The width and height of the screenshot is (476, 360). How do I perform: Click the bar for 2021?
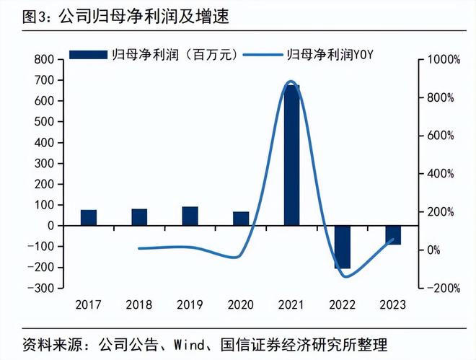tap(291, 155)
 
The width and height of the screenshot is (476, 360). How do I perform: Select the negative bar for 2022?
tap(343, 247)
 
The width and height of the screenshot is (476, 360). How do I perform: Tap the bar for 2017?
tap(89, 217)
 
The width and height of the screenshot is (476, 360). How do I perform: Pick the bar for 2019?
tap(190, 216)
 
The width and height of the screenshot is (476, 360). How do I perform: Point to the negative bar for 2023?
tap(393, 234)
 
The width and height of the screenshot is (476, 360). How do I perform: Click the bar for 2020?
tap(241, 219)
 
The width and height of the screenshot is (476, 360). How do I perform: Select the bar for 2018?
tap(139, 217)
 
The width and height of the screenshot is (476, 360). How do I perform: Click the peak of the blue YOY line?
tap(291, 82)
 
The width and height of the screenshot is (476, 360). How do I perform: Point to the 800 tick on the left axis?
tap(45, 59)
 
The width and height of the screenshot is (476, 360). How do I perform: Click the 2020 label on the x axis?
tap(241, 304)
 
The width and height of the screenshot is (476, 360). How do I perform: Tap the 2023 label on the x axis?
tap(393, 304)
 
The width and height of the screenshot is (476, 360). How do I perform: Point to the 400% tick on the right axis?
tap(441, 174)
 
